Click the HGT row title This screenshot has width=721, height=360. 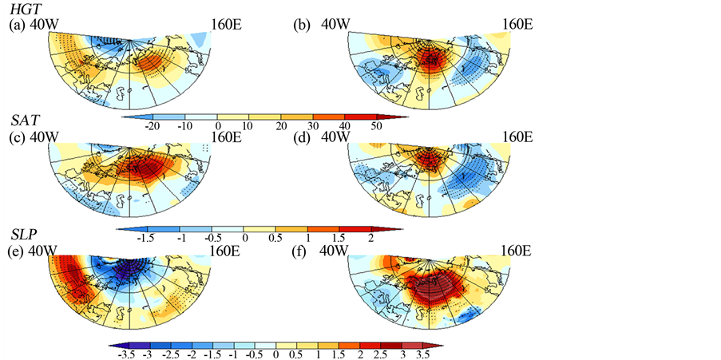pos(21,9)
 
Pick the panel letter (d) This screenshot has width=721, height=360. pos(303,136)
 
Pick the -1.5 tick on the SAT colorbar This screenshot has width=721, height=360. pos(146,239)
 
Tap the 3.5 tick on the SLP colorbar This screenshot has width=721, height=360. pos(422,353)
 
